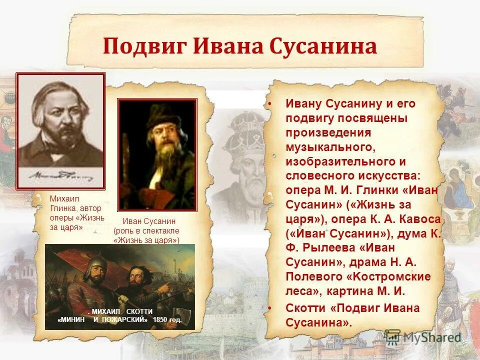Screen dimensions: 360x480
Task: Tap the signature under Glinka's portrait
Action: (60, 176)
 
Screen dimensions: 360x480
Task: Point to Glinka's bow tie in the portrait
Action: (56, 153)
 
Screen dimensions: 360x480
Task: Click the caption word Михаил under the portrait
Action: (64, 198)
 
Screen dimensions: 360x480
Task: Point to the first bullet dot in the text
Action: (269, 104)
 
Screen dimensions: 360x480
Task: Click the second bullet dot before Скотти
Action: (269, 307)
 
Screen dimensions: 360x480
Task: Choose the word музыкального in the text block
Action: (329, 147)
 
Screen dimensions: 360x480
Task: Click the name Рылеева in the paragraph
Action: (320, 248)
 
